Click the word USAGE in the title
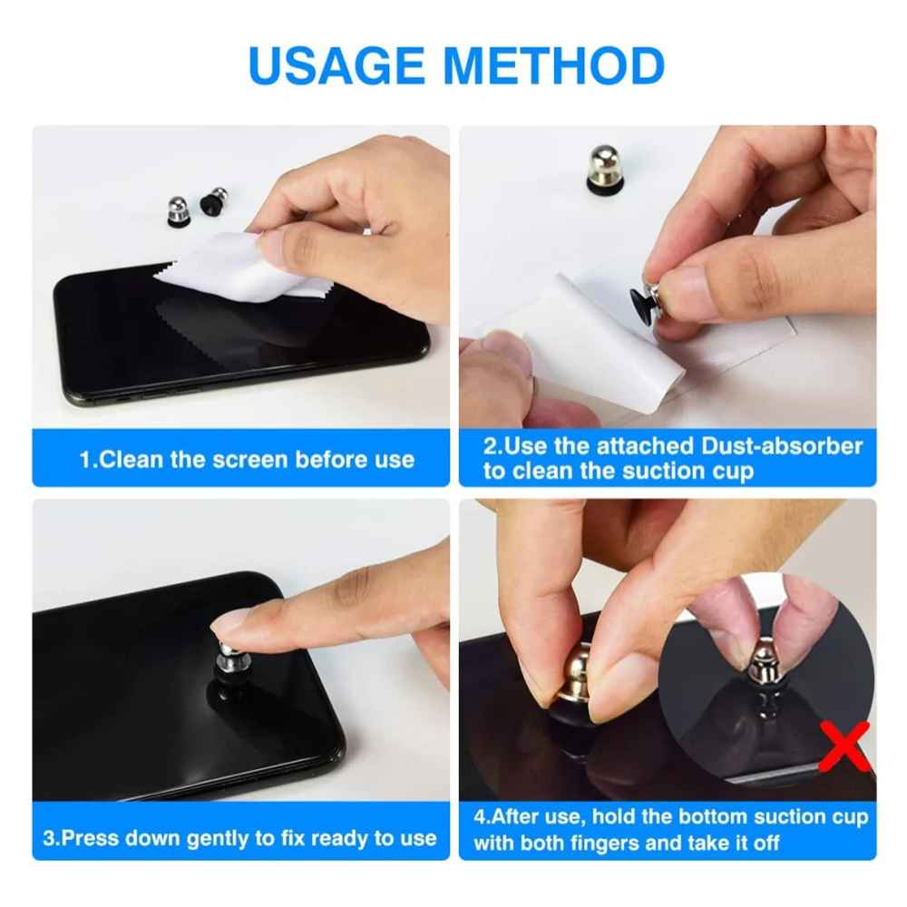336,64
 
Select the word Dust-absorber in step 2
782,446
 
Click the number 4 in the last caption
480,817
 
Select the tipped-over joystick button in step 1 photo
213,200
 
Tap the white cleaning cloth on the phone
237,269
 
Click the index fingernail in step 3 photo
228,624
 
